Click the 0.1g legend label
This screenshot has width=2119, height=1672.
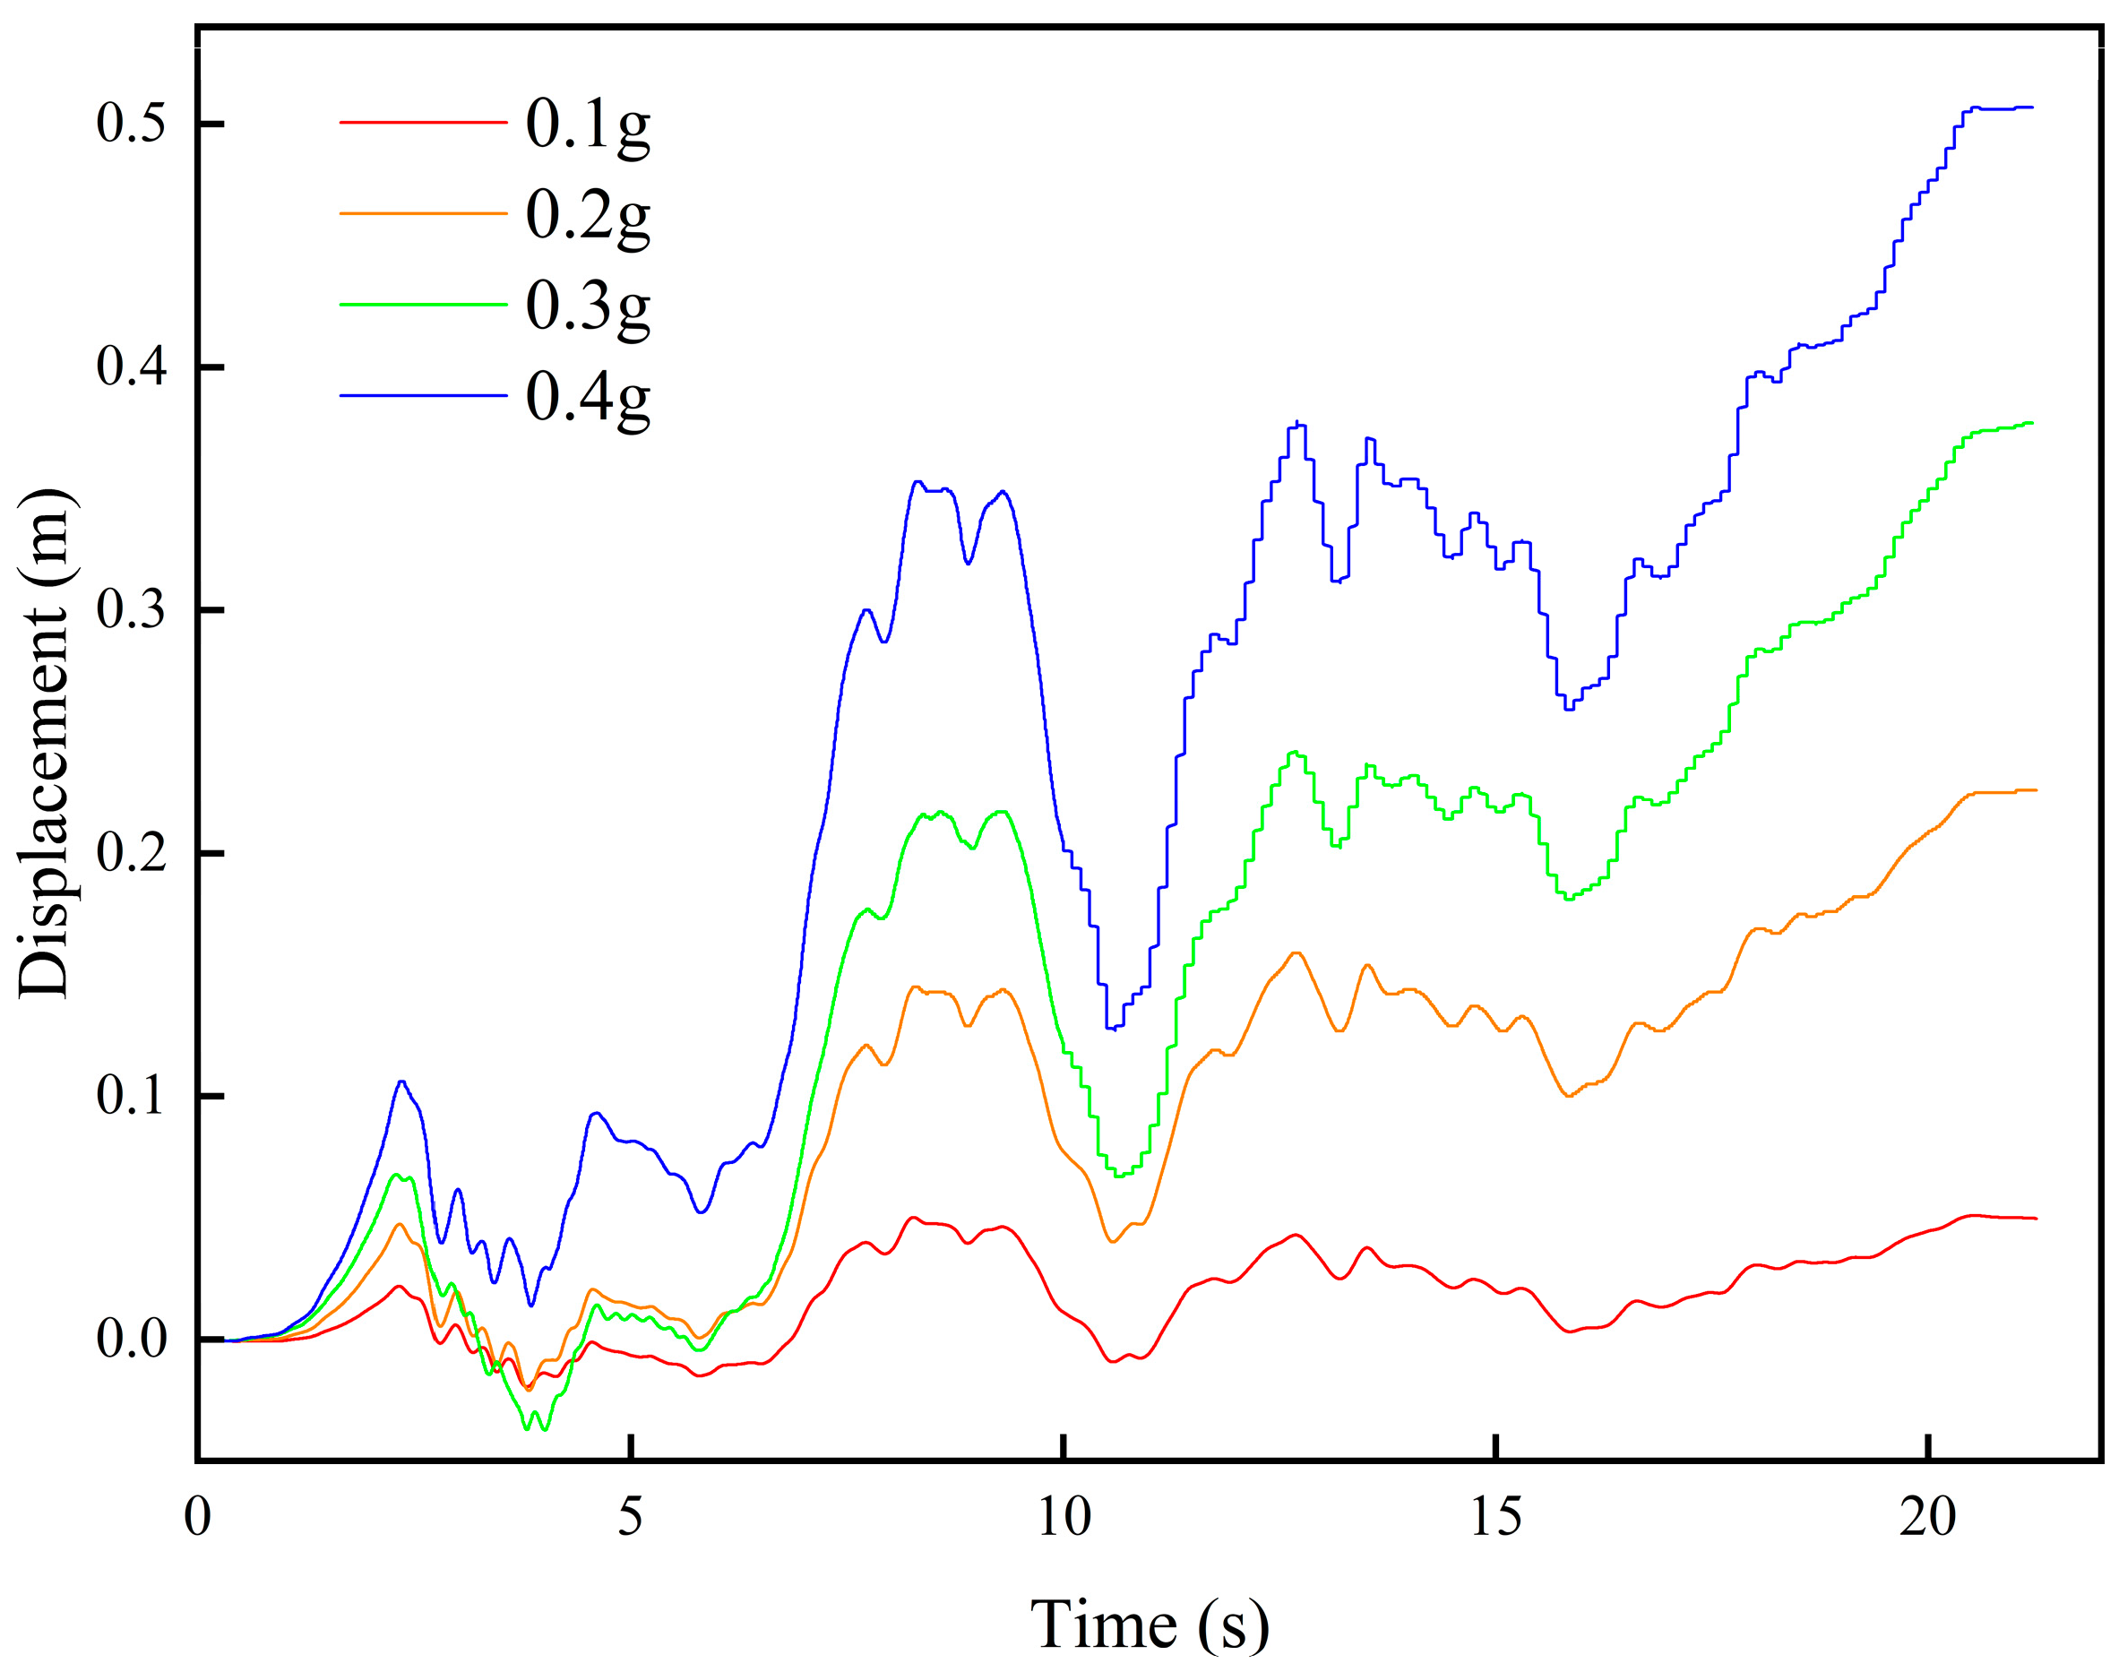[587, 125]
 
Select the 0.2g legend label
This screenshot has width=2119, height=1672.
[587, 216]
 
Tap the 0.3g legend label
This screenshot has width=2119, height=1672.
[587, 307]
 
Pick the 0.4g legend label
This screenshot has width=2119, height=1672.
[587, 399]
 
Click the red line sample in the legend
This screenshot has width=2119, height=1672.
[423, 123]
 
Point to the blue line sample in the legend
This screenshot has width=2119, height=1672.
[423, 395]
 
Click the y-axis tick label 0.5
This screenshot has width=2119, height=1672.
[131, 124]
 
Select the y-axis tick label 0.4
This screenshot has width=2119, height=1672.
[131, 367]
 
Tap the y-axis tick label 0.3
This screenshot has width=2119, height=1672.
[131, 610]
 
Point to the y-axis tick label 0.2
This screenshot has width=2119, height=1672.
[131, 853]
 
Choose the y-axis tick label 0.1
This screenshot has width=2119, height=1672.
[131, 1096]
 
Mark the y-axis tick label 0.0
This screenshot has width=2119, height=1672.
[131, 1340]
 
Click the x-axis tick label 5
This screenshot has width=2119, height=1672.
[630, 1518]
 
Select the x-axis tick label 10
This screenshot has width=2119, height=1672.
[1064, 1518]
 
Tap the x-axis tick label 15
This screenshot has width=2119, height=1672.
[1496, 1518]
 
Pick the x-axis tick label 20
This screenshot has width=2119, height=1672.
[1928, 1518]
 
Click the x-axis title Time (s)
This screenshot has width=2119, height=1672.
[1150, 1625]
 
